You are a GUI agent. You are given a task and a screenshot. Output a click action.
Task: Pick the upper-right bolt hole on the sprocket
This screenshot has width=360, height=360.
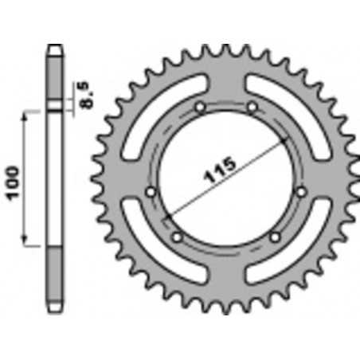252,106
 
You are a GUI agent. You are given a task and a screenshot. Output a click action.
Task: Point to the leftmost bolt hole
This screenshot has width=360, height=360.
152,190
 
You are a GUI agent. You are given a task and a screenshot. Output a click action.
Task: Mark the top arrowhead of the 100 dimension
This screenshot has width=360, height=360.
28,116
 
